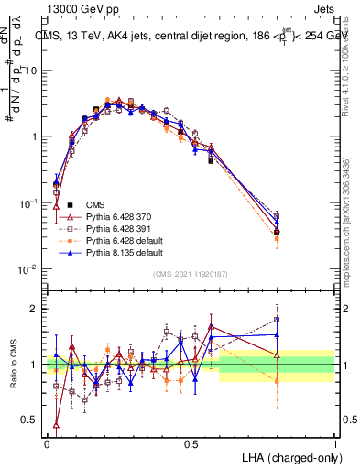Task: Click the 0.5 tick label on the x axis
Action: pyautogui.click(x=191, y=443)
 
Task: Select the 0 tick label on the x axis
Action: pyautogui.click(x=47, y=443)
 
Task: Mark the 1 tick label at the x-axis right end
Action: pyautogui.click(x=334, y=443)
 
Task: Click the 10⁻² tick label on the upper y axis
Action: pyautogui.click(x=28, y=268)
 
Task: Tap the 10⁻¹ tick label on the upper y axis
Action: pyautogui.click(x=28, y=202)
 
